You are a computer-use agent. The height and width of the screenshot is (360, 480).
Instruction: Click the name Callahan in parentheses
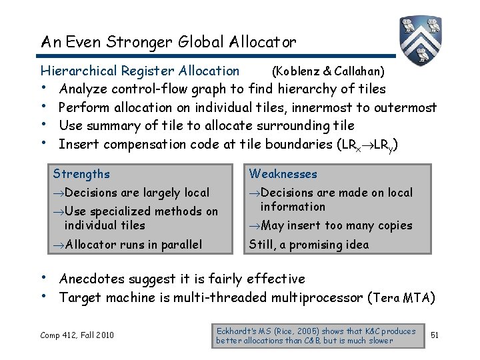tap(362, 71)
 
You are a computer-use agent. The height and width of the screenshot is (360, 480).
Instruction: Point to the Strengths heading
tap(81, 174)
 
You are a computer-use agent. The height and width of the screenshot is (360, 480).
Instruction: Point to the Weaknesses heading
tap(283, 174)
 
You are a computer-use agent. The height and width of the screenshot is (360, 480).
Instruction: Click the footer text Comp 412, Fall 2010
tap(77, 334)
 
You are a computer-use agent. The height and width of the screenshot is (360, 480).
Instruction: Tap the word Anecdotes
tap(91, 279)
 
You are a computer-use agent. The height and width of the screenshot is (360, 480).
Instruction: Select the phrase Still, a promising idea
tap(308, 245)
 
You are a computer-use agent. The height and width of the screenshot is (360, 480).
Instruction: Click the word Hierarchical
tap(79, 71)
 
